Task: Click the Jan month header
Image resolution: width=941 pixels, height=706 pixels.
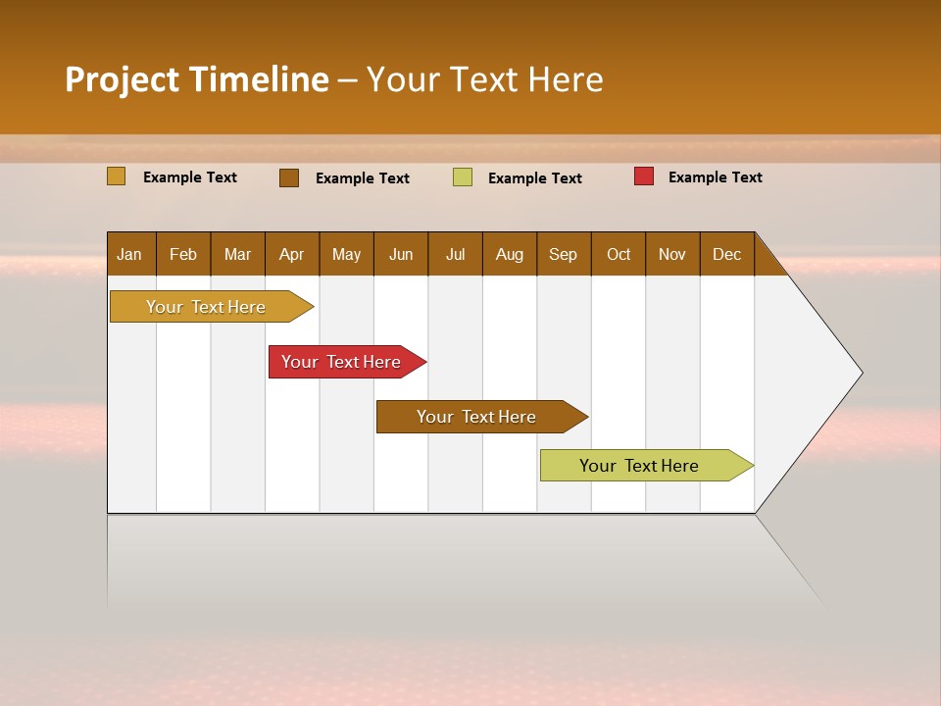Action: tap(130, 254)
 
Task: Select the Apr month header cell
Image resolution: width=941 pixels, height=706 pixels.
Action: tap(292, 254)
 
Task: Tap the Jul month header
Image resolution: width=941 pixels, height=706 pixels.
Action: tap(455, 254)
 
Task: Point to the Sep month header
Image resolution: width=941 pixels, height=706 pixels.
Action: tap(564, 254)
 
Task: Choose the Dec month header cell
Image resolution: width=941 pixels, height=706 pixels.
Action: tap(726, 254)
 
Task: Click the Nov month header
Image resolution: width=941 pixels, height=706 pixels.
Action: tap(672, 254)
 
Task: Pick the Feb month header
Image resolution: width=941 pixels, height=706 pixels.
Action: tap(183, 254)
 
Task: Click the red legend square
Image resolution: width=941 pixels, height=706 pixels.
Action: tap(644, 176)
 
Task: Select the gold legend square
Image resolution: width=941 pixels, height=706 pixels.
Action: tap(116, 176)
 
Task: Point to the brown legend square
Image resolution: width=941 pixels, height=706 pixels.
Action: tap(289, 177)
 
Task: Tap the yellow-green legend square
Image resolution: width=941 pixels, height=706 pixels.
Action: tap(463, 177)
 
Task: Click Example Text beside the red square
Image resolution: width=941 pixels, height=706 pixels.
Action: tap(715, 177)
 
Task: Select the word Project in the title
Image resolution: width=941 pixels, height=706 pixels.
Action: tap(122, 79)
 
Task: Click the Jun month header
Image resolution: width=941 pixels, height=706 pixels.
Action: tap(401, 254)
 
